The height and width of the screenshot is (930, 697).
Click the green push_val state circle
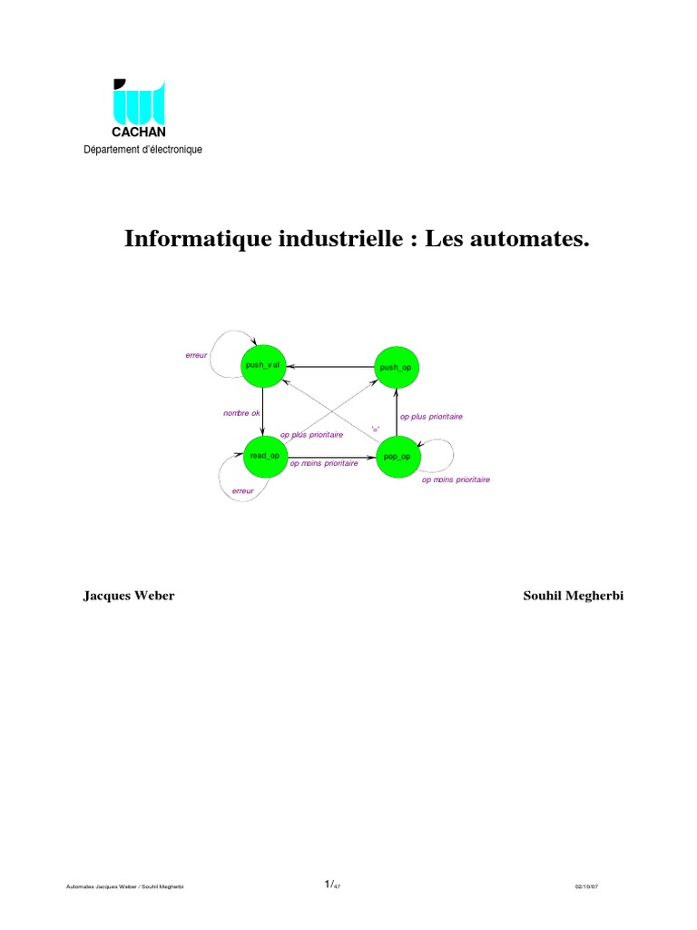click(263, 365)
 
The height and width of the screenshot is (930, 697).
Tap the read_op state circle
click(264, 456)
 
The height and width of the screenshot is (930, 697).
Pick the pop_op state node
click(398, 456)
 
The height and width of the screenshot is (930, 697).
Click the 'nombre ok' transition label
click(241, 413)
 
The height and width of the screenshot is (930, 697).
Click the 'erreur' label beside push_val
click(196, 355)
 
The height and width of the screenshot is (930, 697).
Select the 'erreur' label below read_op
click(242, 491)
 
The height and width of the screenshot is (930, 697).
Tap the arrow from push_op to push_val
click(331, 366)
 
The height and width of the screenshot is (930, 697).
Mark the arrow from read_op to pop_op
click(331, 456)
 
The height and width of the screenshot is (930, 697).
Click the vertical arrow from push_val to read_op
click(263, 411)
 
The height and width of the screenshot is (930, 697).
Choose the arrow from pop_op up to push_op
click(398, 411)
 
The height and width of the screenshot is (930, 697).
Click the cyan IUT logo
click(139, 102)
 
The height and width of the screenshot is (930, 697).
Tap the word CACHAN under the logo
click(139, 133)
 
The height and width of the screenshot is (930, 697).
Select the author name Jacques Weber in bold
click(129, 596)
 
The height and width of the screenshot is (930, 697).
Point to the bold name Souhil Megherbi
click(573, 596)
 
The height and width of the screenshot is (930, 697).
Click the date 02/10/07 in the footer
click(587, 886)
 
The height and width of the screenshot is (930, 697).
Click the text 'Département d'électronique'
click(143, 150)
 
